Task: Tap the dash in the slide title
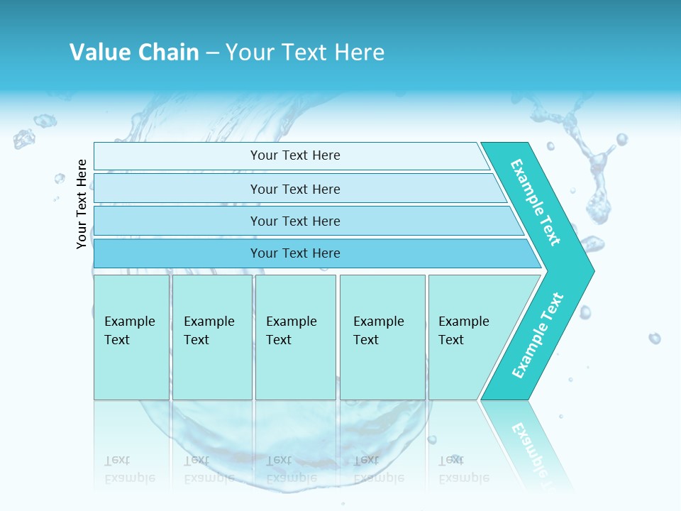(212, 53)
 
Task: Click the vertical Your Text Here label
(82, 204)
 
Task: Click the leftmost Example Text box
(131, 336)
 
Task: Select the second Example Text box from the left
(211, 336)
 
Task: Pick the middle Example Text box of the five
(295, 336)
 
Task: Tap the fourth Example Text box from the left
(382, 336)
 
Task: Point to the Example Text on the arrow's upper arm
(536, 202)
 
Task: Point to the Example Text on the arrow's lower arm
(538, 335)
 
